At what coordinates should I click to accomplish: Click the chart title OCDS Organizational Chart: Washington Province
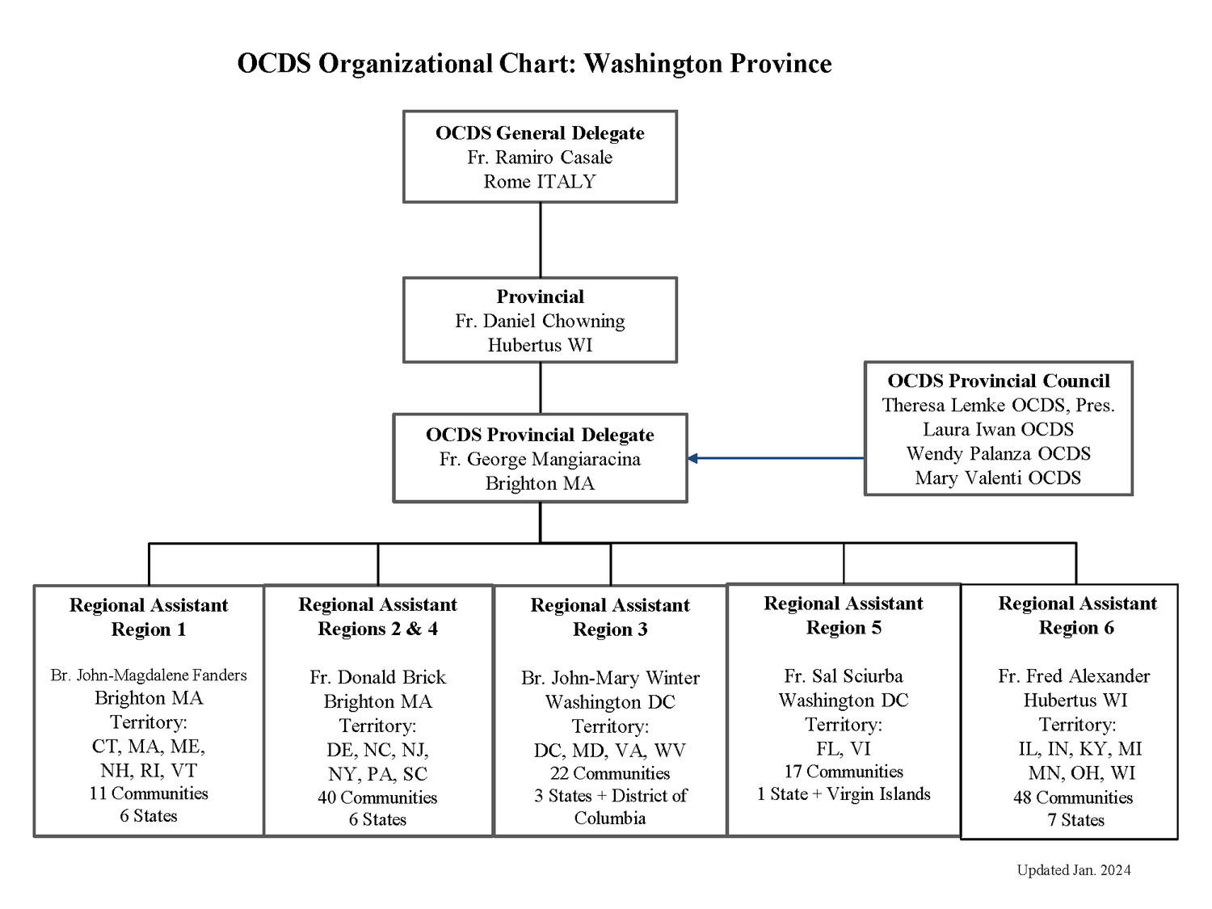click(534, 64)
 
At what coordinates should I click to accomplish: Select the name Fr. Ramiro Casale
click(540, 158)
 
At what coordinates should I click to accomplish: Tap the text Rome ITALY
click(540, 182)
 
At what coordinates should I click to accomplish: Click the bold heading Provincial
click(540, 297)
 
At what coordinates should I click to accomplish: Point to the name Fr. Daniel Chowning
click(540, 321)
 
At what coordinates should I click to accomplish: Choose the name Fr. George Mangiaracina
click(540, 459)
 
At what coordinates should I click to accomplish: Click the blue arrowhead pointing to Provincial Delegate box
click(693, 458)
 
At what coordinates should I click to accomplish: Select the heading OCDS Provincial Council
click(999, 381)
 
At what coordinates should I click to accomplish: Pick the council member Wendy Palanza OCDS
click(999, 453)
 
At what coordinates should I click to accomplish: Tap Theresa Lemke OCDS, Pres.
click(999, 405)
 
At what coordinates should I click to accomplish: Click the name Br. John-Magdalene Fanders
click(149, 675)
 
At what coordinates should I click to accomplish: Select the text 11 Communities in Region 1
click(149, 793)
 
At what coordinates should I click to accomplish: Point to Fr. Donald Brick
click(377, 677)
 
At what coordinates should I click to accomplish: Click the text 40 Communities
click(377, 797)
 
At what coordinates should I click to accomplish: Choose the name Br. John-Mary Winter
click(610, 678)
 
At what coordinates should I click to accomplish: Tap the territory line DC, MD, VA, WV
click(610, 751)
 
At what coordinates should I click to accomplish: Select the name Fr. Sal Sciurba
click(844, 676)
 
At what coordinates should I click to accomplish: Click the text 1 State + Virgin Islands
click(844, 794)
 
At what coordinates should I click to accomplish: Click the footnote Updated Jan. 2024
click(1074, 870)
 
